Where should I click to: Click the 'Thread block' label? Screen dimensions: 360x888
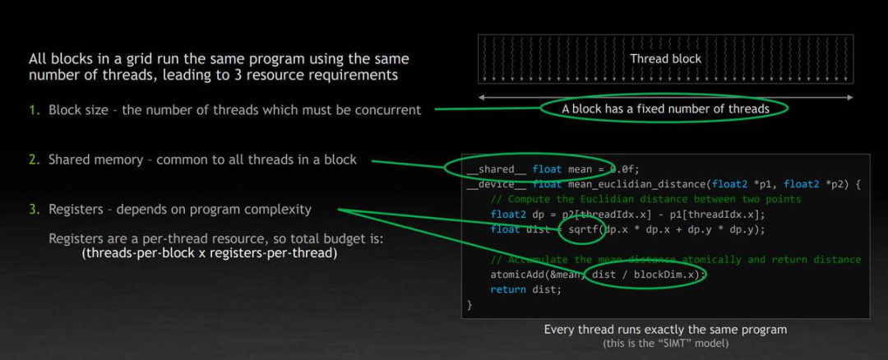point(665,58)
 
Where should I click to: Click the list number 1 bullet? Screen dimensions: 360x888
point(34,110)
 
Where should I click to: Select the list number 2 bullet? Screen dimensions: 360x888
point(34,159)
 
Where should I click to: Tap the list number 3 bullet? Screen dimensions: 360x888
point(34,210)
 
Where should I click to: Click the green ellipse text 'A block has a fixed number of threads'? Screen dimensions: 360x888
point(665,108)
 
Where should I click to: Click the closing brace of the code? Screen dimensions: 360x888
point(470,305)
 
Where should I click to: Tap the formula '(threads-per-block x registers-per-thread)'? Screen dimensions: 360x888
point(210,253)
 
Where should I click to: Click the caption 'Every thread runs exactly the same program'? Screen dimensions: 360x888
point(665,330)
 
